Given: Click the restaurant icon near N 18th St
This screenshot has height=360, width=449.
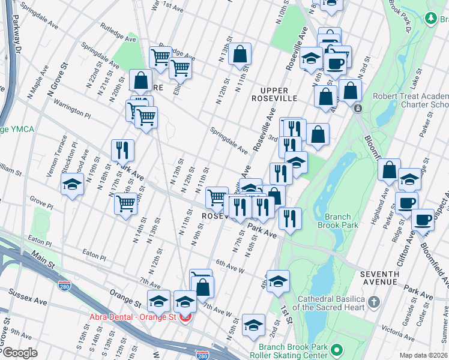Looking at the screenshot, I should tap(122, 150).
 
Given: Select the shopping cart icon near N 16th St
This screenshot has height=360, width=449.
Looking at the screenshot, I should tap(126, 204).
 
